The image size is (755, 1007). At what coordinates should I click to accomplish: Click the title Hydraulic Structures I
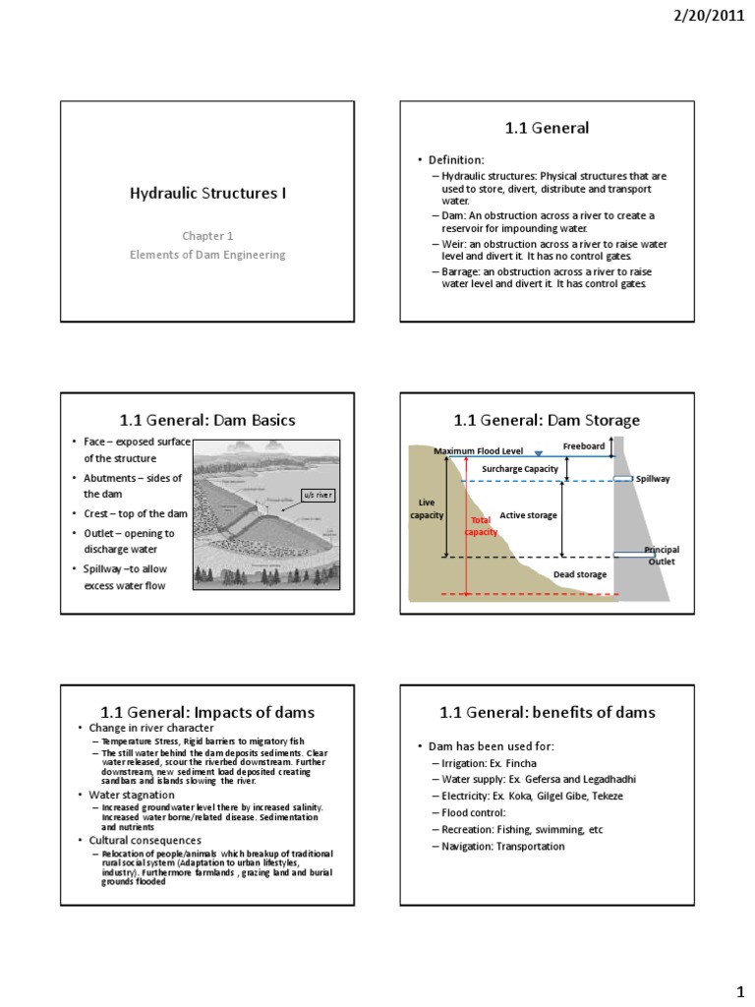coord(208,193)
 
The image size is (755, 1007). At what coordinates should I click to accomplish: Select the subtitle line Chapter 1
coord(207,236)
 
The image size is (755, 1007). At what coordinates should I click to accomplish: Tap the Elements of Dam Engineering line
coord(207,255)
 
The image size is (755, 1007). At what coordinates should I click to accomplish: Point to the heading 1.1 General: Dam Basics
coord(207,420)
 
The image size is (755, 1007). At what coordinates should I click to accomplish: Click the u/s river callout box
coord(317,495)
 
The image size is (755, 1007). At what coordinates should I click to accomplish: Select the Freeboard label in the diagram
coord(584,445)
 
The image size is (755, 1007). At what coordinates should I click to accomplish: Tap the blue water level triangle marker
coord(538,452)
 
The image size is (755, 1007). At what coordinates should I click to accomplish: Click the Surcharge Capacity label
coord(520,469)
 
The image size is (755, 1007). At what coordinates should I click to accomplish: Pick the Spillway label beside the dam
coord(653,479)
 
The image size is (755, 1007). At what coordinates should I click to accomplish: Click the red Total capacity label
coord(481,525)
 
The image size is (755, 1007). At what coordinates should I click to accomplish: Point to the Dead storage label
coord(580,574)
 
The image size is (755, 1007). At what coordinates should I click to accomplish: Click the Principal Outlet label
coord(661,556)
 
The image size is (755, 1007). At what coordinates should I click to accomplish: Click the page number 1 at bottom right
coord(739,985)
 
